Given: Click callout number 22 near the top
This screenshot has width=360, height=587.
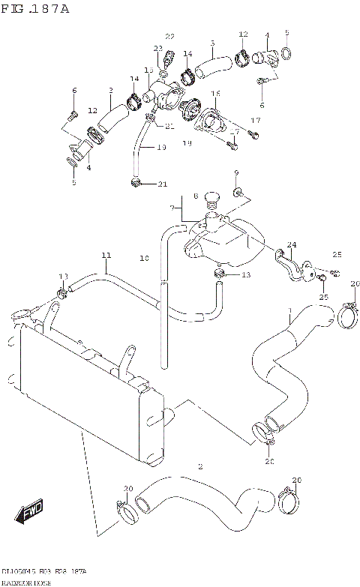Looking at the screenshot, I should (169, 37).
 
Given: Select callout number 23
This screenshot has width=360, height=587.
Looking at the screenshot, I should (157, 48).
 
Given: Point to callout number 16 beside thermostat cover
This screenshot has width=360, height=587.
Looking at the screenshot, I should (215, 94).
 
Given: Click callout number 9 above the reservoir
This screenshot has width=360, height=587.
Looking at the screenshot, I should (236, 173).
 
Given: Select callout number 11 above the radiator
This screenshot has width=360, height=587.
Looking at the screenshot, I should (106, 256).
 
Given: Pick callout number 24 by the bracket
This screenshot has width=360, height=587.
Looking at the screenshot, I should (292, 244).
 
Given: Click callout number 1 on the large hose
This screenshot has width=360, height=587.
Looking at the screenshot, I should (289, 310).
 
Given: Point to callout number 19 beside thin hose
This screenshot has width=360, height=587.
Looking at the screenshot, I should (161, 148).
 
